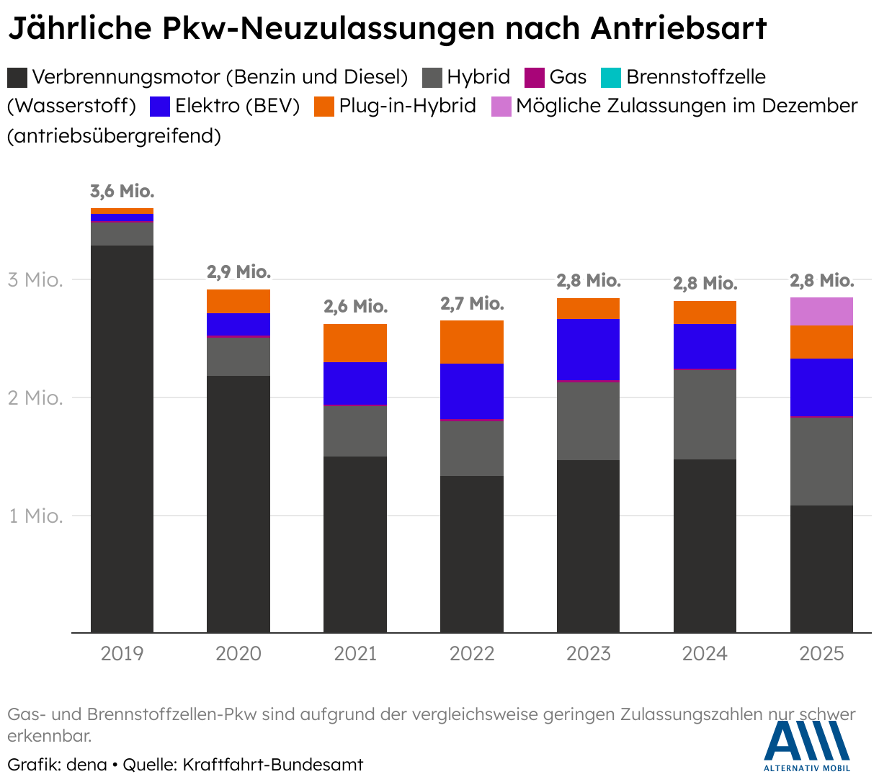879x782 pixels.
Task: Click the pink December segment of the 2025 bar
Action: [821, 311]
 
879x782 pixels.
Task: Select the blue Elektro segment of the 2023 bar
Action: [588, 349]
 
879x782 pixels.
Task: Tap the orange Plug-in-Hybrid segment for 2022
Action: [472, 342]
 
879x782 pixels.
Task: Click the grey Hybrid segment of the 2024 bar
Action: [705, 415]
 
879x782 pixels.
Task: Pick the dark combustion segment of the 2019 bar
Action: [122, 439]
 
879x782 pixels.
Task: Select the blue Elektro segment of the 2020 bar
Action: [238, 324]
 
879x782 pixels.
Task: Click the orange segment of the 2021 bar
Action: [355, 343]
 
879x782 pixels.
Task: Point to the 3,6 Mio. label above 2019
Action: [122, 192]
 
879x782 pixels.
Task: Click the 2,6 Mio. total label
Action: [355, 307]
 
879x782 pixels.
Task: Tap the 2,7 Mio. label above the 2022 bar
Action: [472, 304]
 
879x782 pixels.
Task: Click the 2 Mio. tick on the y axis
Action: [35, 398]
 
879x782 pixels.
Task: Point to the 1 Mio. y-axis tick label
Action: [35, 516]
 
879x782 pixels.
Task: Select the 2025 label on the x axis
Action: [821, 654]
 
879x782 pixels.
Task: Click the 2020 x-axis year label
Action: [238, 654]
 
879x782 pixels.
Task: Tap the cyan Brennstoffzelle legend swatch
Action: [610, 77]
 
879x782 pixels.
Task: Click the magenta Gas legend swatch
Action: [534, 77]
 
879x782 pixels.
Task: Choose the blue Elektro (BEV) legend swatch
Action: [159, 107]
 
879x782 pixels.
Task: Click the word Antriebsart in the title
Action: [679, 29]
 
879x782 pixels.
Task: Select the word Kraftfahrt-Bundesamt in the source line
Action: [273, 765]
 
